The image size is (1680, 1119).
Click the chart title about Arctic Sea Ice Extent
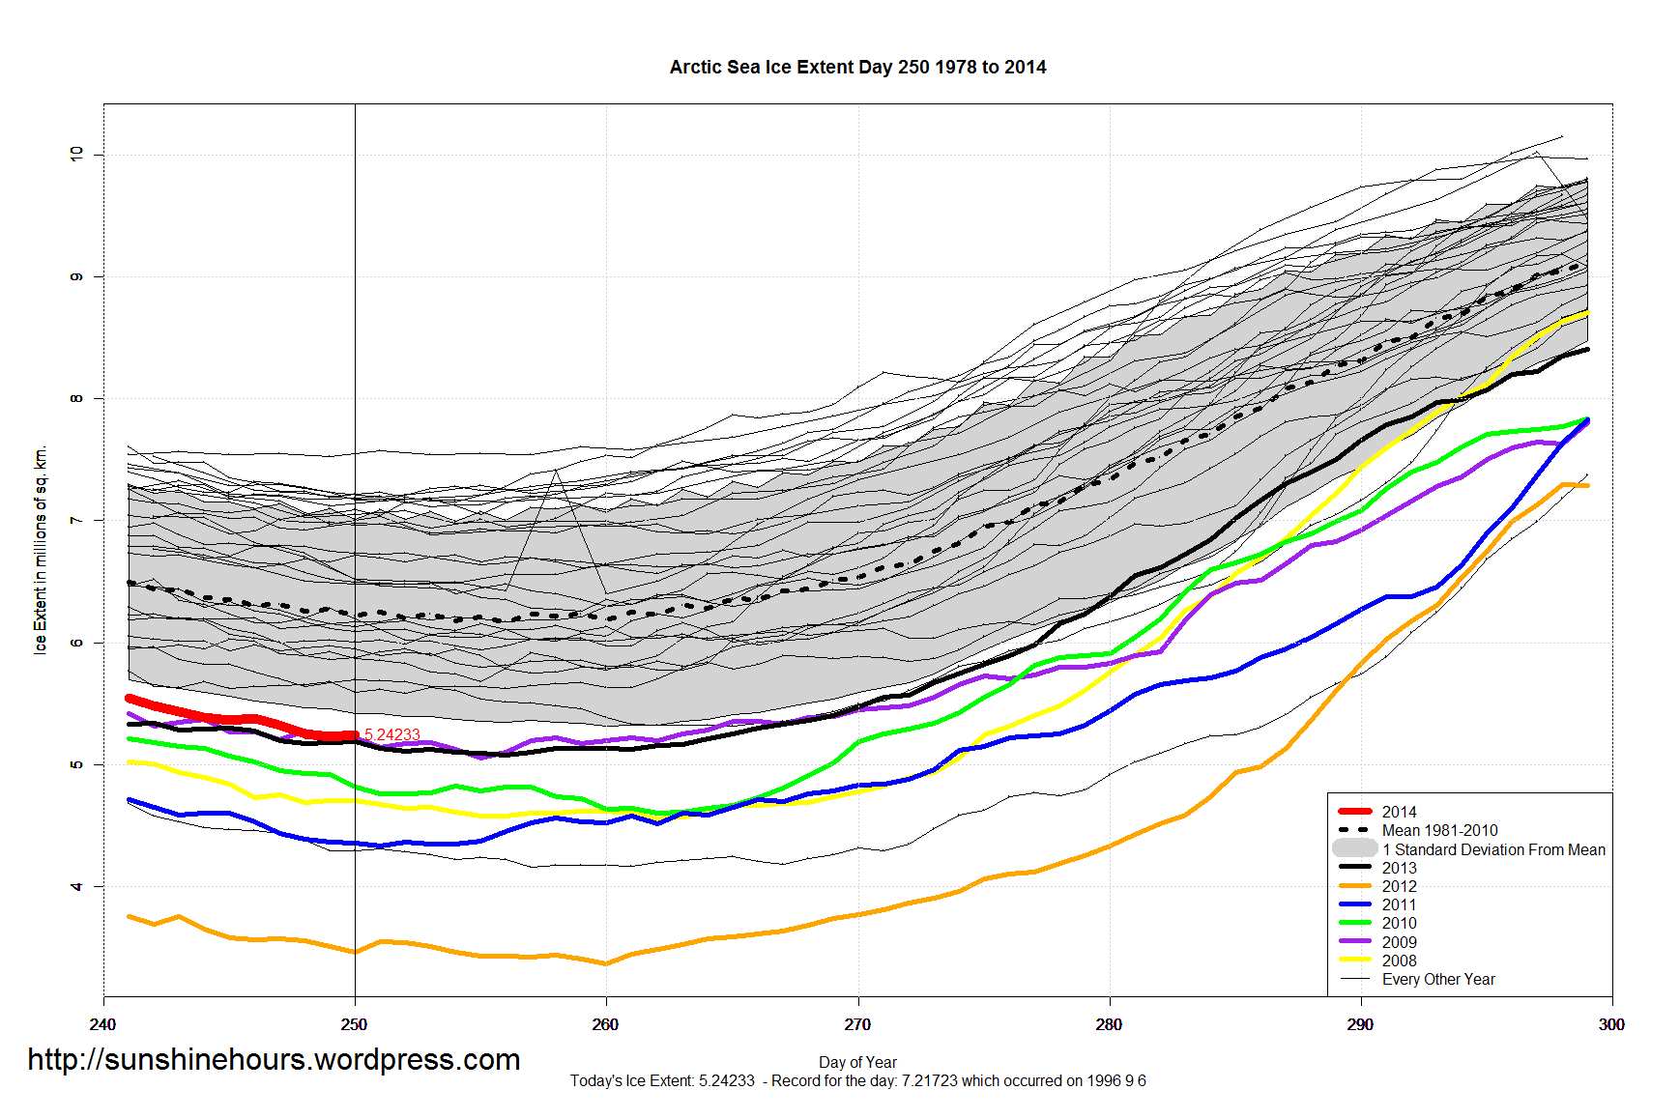857,68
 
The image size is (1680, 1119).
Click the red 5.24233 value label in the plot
391,734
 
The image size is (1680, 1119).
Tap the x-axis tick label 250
354,1025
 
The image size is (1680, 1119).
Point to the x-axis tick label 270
857,1025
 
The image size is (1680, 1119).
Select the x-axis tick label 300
1611,1025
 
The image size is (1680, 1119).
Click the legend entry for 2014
1399,812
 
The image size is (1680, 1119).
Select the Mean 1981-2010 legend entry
1439,830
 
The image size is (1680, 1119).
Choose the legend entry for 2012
1399,886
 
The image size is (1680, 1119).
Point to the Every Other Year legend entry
1438,979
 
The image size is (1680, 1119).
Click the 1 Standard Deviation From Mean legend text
1493,849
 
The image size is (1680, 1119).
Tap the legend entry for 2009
1399,942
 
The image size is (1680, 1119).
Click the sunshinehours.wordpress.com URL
274,1060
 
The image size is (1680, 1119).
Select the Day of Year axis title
857,1062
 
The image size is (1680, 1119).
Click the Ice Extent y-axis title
41,550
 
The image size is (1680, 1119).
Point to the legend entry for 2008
1399,961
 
